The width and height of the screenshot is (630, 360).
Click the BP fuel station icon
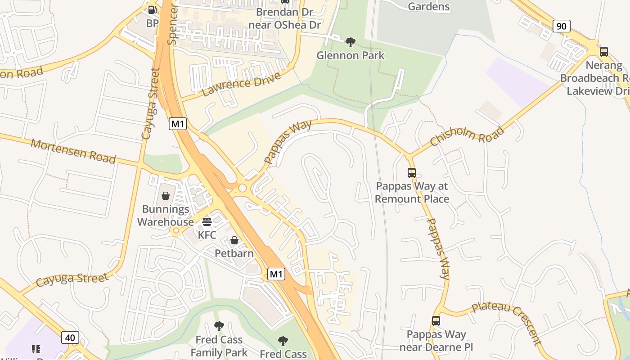(153, 9)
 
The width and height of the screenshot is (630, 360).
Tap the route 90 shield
(561, 26)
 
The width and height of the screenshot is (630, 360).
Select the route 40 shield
(70, 337)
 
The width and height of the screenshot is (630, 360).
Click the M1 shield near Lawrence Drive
(178, 124)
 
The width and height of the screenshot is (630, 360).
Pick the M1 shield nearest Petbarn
(276, 274)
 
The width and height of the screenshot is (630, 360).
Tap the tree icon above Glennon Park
(350, 42)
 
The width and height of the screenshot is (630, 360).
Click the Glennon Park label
(350, 55)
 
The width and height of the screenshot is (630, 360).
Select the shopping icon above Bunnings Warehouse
(166, 196)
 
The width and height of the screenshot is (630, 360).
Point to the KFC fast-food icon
(207, 221)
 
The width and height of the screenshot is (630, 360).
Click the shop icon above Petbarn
(234, 240)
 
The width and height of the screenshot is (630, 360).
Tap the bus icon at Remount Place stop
(411, 172)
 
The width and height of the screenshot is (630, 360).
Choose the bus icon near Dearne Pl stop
(436, 321)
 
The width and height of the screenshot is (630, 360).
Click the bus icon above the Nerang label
(603, 52)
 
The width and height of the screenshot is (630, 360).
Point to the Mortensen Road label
(73, 151)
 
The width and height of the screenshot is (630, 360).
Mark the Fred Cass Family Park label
(219, 346)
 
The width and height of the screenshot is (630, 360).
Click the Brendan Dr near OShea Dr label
(284, 18)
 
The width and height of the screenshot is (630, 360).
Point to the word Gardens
(428, 6)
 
